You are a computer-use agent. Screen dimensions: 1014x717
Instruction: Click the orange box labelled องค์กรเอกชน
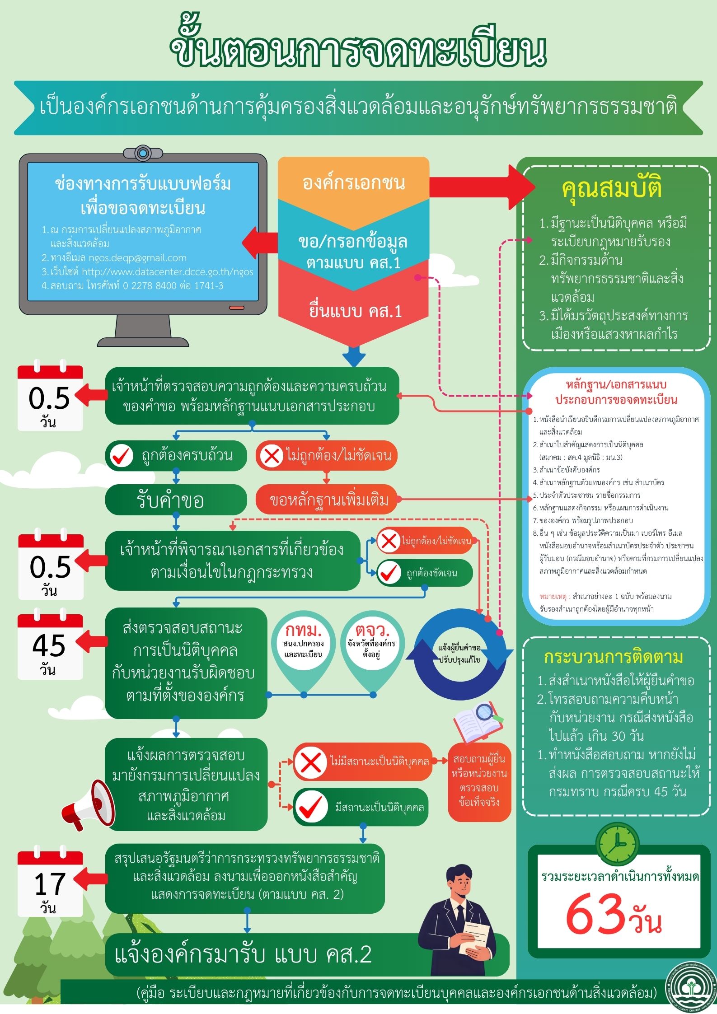[x=353, y=183]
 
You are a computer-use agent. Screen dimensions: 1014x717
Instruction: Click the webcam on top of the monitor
[x=143, y=153]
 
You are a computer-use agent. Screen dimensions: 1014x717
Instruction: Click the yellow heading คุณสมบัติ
[x=612, y=188]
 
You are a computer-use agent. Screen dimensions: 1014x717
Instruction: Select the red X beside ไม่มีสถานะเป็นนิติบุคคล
[x=310, y=762]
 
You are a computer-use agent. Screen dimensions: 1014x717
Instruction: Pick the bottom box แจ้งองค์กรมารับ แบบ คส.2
[x=244, y=954]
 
